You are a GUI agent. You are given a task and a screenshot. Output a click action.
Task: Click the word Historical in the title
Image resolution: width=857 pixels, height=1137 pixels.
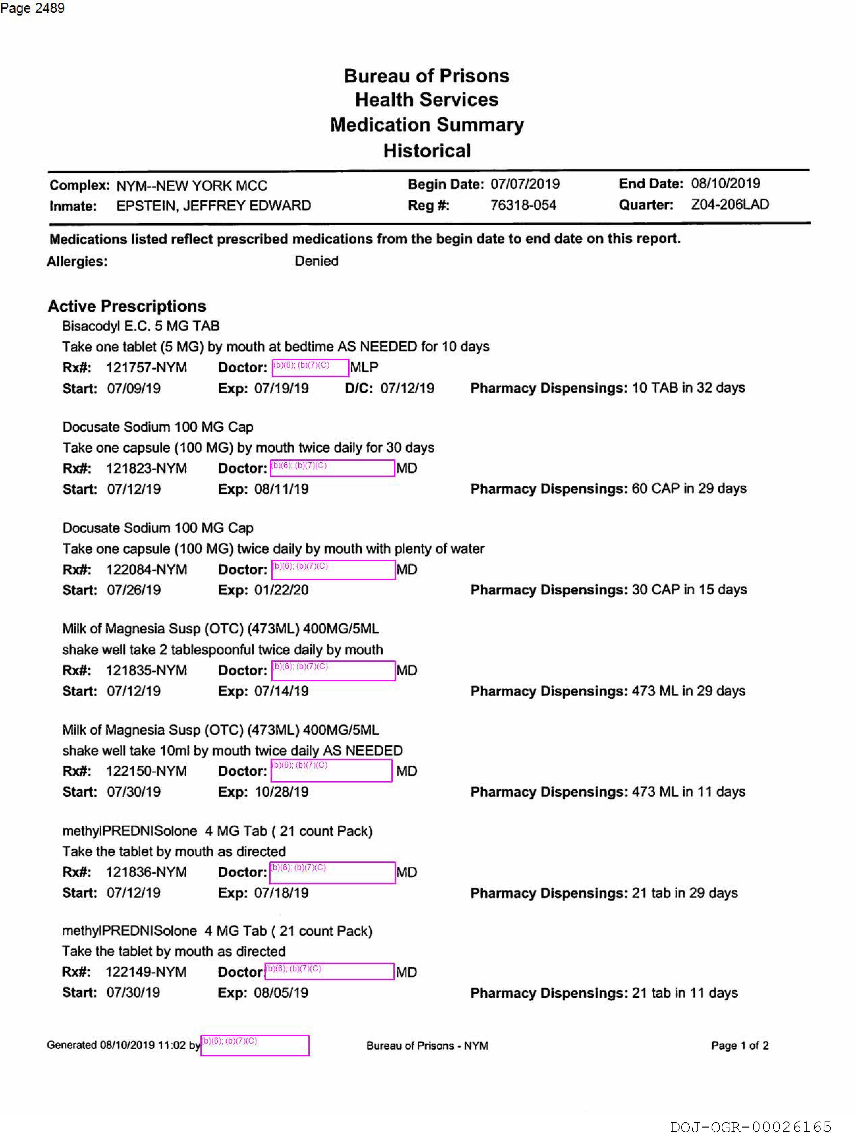[x=427, y=151]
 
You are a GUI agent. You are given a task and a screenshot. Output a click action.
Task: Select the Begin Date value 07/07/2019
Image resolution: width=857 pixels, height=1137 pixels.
[x=525, y=184]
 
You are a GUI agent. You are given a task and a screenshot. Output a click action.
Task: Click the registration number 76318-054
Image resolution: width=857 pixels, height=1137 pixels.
[x=523, y=205]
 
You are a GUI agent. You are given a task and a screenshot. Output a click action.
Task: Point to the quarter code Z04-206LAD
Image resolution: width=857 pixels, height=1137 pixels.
[x=729, y=205]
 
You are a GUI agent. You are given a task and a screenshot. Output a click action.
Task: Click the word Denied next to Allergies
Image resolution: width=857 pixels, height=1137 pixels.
[x=316, y=261]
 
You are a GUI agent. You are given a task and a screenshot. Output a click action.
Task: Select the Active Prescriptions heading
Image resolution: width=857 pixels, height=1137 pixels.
[x=127, y=306]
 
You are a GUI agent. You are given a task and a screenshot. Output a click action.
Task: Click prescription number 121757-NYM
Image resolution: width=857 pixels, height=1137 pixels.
[x=146, y=368]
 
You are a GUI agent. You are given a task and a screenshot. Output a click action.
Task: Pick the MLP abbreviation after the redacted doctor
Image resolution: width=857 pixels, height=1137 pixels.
[x=364, y=367]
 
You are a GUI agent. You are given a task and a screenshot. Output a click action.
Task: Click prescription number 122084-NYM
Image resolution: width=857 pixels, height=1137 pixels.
[x=146, y=570]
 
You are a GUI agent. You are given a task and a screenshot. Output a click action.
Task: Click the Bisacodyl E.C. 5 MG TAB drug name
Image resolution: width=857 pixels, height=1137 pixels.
[x=141, y=326]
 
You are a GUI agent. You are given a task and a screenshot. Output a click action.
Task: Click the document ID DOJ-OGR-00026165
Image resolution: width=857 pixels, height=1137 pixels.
[x=751, y=1127]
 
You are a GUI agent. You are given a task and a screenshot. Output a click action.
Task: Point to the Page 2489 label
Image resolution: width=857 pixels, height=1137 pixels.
[x=32, y=8]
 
